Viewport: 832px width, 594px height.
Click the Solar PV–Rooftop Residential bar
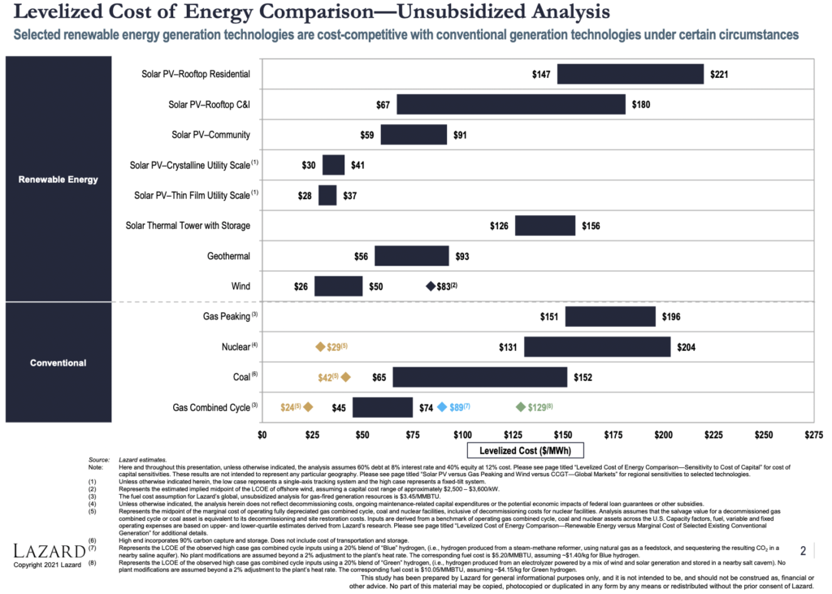pos(630,74)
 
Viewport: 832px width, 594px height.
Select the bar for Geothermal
pos(412,256)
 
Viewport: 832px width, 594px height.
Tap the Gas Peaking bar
pos(610,316)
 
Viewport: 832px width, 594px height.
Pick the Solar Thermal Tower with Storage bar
pos(545,225)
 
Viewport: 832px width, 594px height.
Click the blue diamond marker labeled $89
pos(442,406)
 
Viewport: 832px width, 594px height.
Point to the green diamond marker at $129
pos(521,406)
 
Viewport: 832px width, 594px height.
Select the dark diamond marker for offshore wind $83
pos(431,286)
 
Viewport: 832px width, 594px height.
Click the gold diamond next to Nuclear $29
pos(320,347)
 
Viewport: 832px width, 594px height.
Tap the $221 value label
pos(719,74)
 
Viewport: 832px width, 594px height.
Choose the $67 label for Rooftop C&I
pos(383,105)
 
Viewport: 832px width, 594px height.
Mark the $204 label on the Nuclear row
pos(686,347)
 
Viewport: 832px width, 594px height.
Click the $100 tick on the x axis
pos(462,435)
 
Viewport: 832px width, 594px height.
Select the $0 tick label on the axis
pos(262,435)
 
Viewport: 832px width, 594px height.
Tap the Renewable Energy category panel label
pos(58,180)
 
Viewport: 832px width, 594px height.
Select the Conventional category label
pos(58,362)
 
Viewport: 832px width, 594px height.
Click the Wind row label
pos(240,286)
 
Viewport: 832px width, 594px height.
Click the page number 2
pos(803,552)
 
